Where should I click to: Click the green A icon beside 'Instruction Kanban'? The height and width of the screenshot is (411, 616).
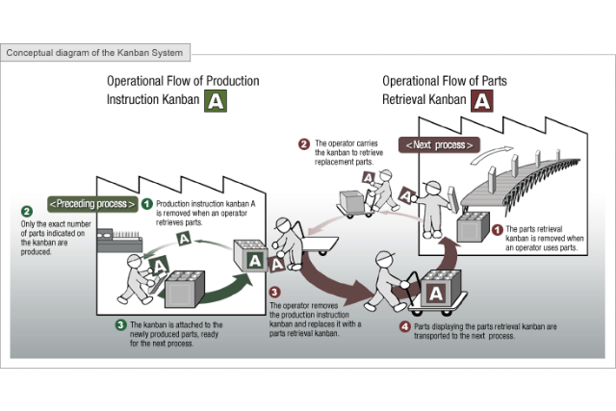(x=217, y=99)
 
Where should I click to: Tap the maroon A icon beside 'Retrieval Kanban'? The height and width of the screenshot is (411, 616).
(x=482, y=99)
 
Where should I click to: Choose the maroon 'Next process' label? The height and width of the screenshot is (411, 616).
(x=439, y=145)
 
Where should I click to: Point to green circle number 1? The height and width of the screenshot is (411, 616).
(x=146, y=204)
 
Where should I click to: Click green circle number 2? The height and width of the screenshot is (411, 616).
(x=27, y=211)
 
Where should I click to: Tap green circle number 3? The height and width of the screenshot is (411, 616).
(x=120, y=324)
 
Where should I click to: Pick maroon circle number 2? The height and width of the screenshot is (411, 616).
(x=304, y=145)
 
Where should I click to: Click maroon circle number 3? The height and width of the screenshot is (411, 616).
(x=274, y=292)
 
